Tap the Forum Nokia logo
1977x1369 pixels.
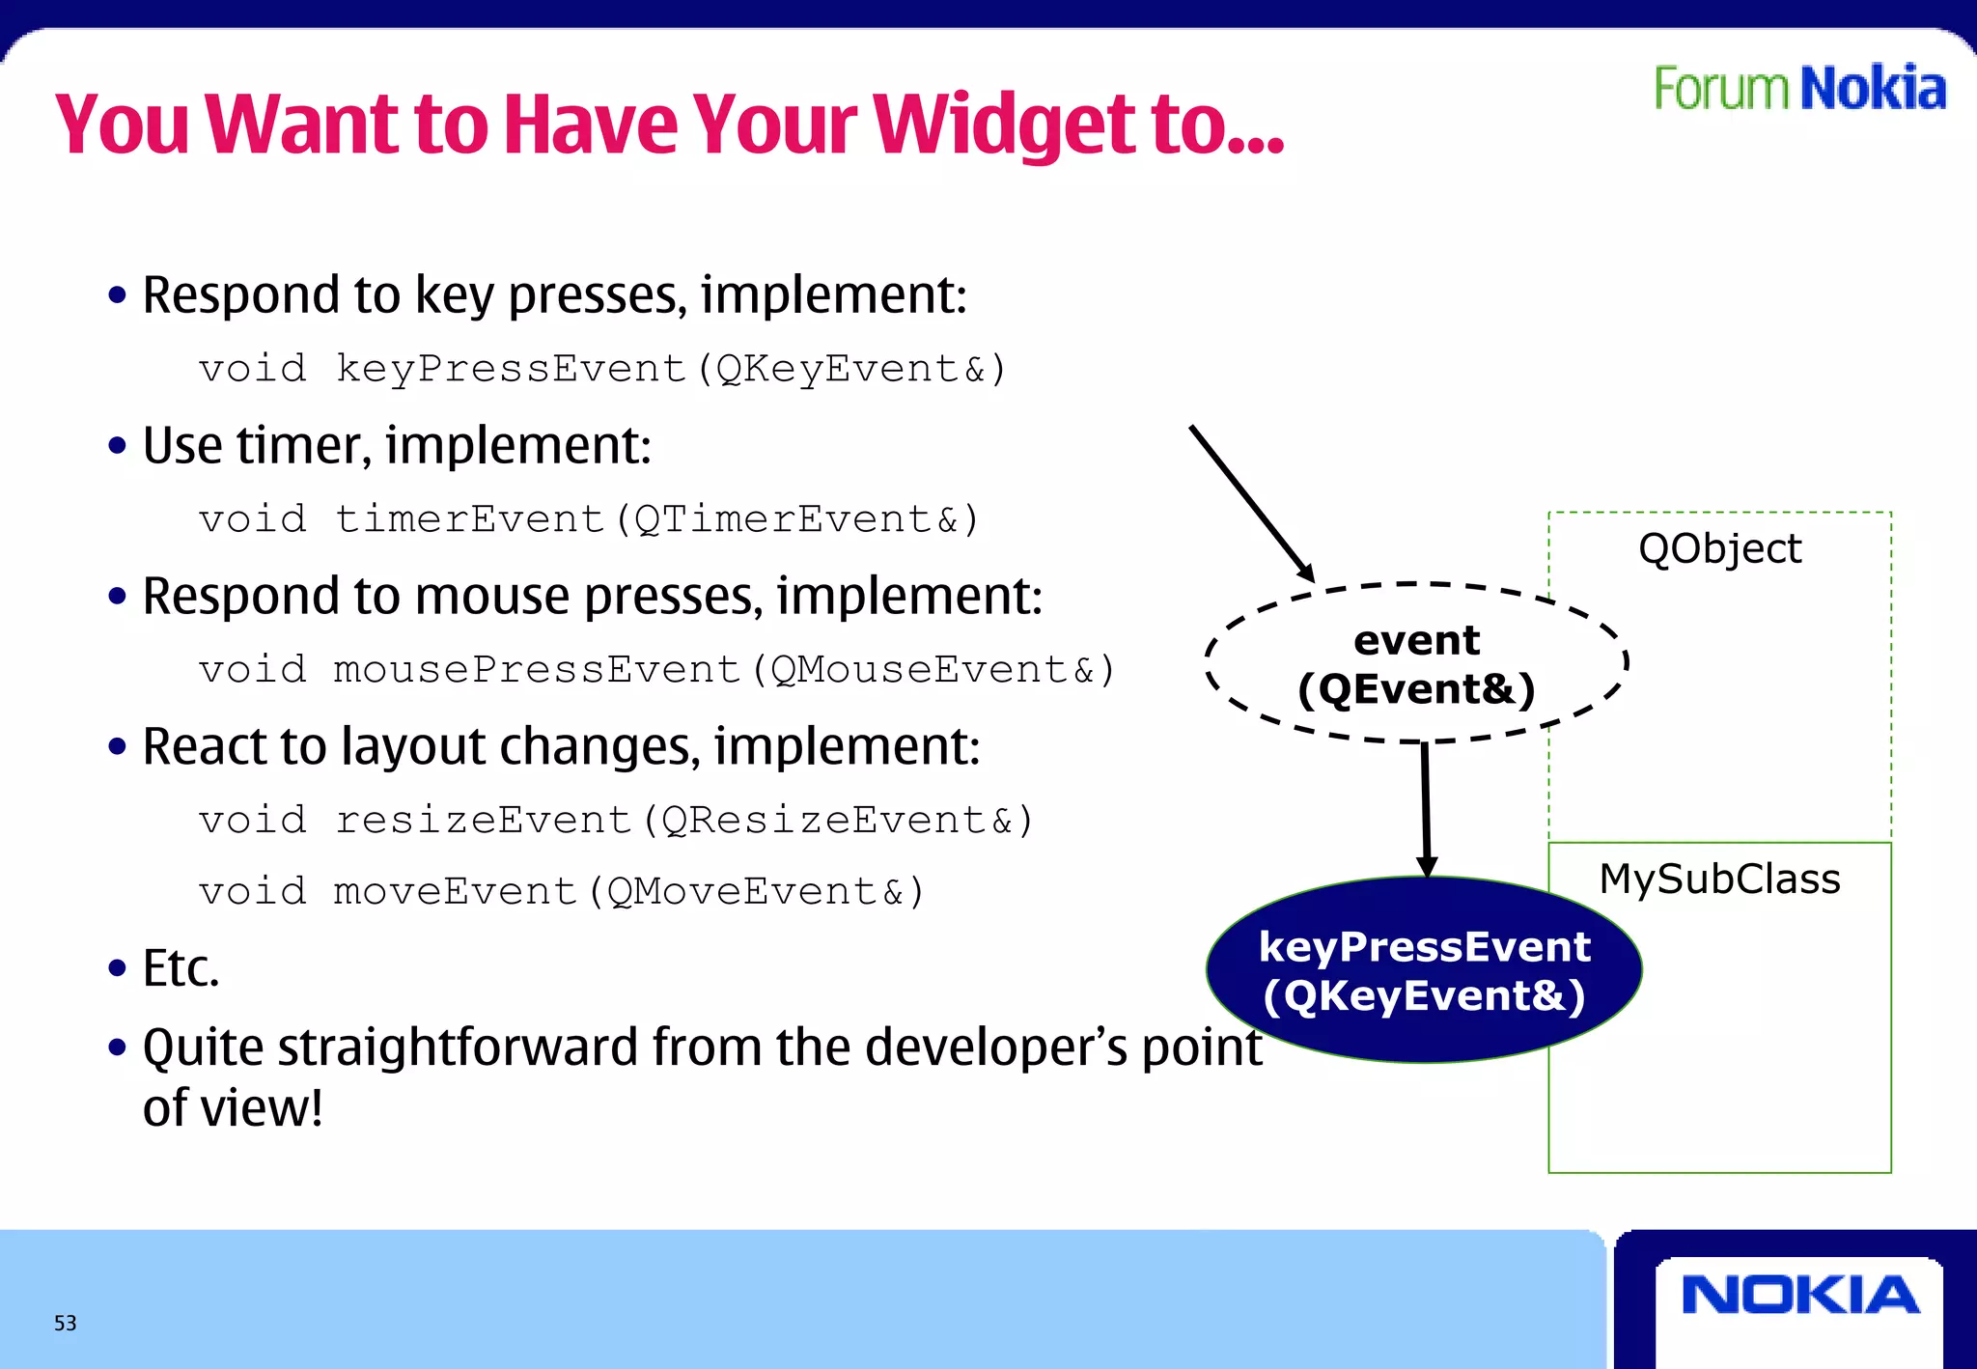[x=1799, y=89]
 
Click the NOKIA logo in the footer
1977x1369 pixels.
[x=1799, y=1295]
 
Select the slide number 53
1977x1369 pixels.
[x=65, y=1323]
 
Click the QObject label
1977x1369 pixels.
[x=1719, y=548]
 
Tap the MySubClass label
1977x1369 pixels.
[x=1719, y=879]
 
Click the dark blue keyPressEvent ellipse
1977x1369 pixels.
[x=1424, y=970]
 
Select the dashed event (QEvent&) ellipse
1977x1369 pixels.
[x=1416, y=664]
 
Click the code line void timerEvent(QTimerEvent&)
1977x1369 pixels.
[x=589, y=519]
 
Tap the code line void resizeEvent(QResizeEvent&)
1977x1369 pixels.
[x=616, y=821]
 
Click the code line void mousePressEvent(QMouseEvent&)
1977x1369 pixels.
[x=656, y=670]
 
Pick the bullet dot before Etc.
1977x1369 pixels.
[x=118, y=967]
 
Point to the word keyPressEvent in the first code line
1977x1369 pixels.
[x=510, y=369]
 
